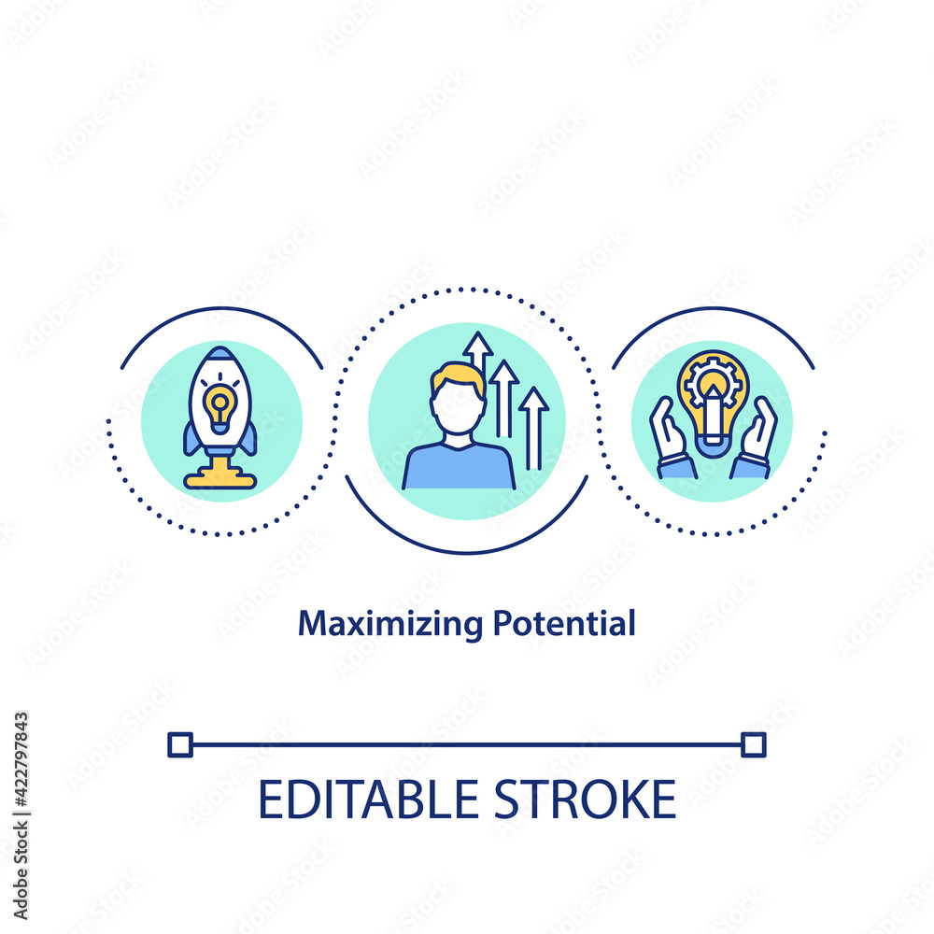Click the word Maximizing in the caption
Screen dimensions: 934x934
click(x=390, y=624)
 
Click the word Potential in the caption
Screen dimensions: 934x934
click(x=564, y=623)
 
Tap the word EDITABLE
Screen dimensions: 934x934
click(x=368, y=800)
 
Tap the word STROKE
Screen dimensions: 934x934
click(x=585, y=800)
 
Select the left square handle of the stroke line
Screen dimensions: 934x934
click(x=180, y=744)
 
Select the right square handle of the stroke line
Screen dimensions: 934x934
click(x=754, y=744)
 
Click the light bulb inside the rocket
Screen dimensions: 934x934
click(x=220, y=409)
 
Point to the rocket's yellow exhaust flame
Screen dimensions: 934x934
click(x=219, y=473)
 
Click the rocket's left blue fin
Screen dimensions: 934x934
click(x=191, y=439)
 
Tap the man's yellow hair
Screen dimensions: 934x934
click(x=458, y=380)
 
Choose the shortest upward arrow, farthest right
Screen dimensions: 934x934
click(x=533, y=428)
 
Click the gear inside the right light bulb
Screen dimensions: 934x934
click(x=713, y=381)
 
